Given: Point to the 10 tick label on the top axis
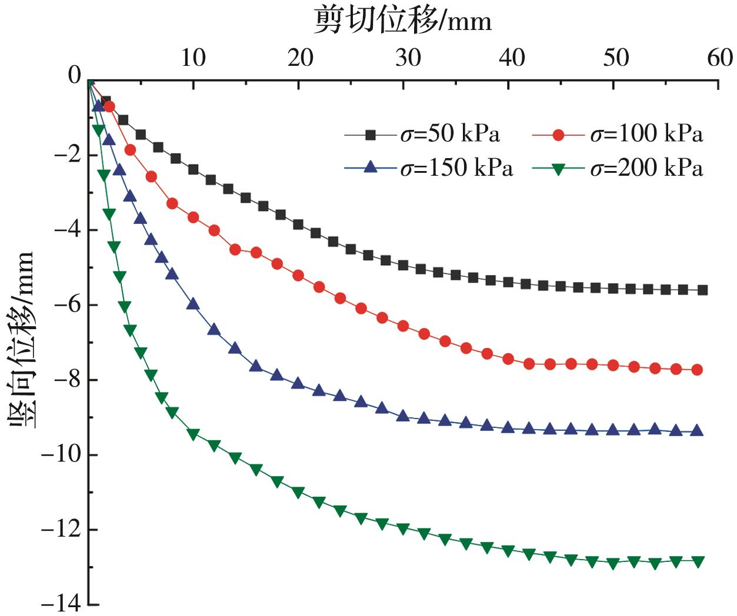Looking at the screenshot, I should pyautogui.click(x=193, y=58).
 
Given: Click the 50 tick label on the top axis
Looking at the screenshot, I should pyautogui.click(x=616, y=58).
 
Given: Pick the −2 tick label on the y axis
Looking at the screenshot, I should pyautogui.click(x=66, y=155).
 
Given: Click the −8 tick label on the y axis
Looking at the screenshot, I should pyautogui.click(x=66, y=380).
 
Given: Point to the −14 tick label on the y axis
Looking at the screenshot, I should pyautogui.click(x=61, y=604).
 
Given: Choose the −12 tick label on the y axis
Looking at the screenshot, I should pyautogui.click(x=61, y=530).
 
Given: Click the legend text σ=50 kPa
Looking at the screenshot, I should pyautogui.click(x=450, y=135).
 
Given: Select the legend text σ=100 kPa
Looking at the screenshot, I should pyautogui.click(x=646, y=135).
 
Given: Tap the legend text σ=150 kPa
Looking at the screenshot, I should pyautogui.click(x=456, y=169).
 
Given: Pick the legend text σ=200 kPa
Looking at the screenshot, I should pyautogui.click(x=646, y=169).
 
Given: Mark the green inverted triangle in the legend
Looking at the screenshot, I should pyautogui.click(x=558, y=169).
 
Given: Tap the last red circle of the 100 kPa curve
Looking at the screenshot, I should pyautogui.click(x=697, y=370).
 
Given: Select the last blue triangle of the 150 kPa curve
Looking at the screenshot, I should pyautogui.click(x=697, y=431).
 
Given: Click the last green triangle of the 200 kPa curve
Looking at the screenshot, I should pyautogui.click(x=698, y=561).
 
